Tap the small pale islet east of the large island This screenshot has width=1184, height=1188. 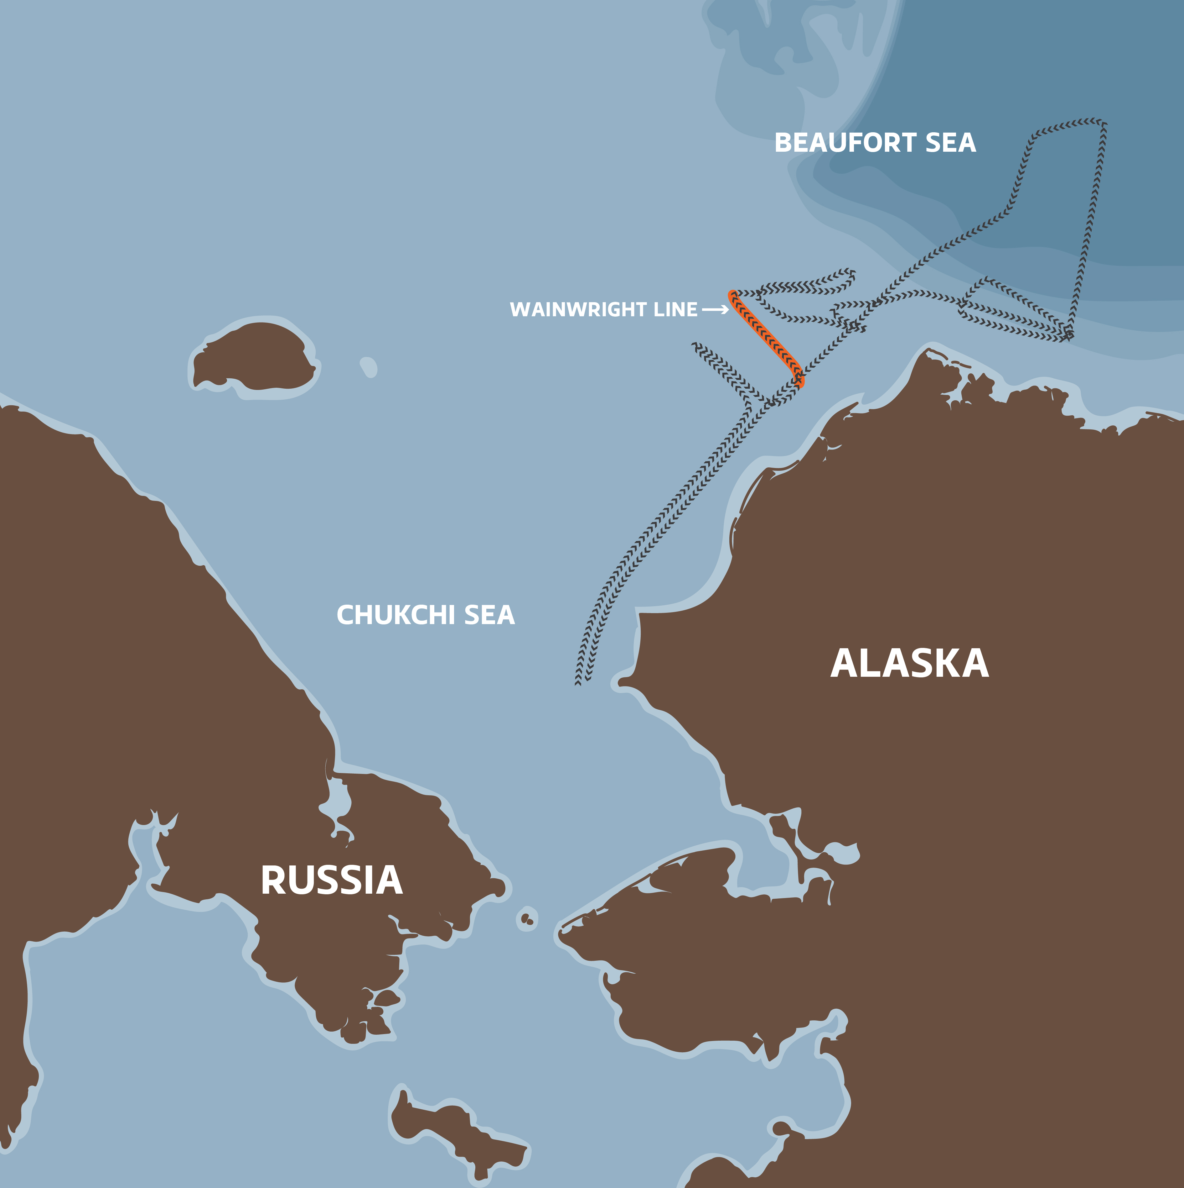coord(369,367)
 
